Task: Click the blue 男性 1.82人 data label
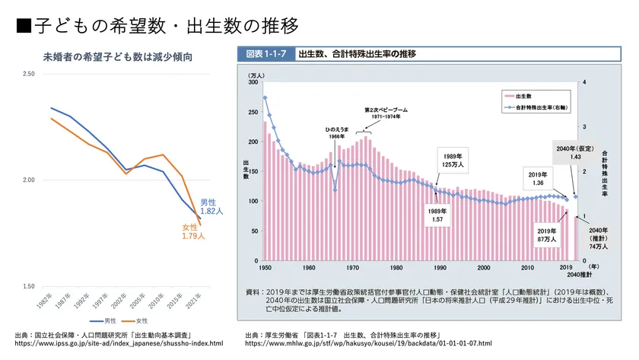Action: (211, 207)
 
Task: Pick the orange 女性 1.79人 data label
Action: (192, 232)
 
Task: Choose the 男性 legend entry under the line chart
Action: (104, 320)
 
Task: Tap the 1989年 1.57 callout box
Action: (437, 215)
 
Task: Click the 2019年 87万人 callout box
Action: (548, 235)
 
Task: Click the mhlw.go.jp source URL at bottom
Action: (368, 343)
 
